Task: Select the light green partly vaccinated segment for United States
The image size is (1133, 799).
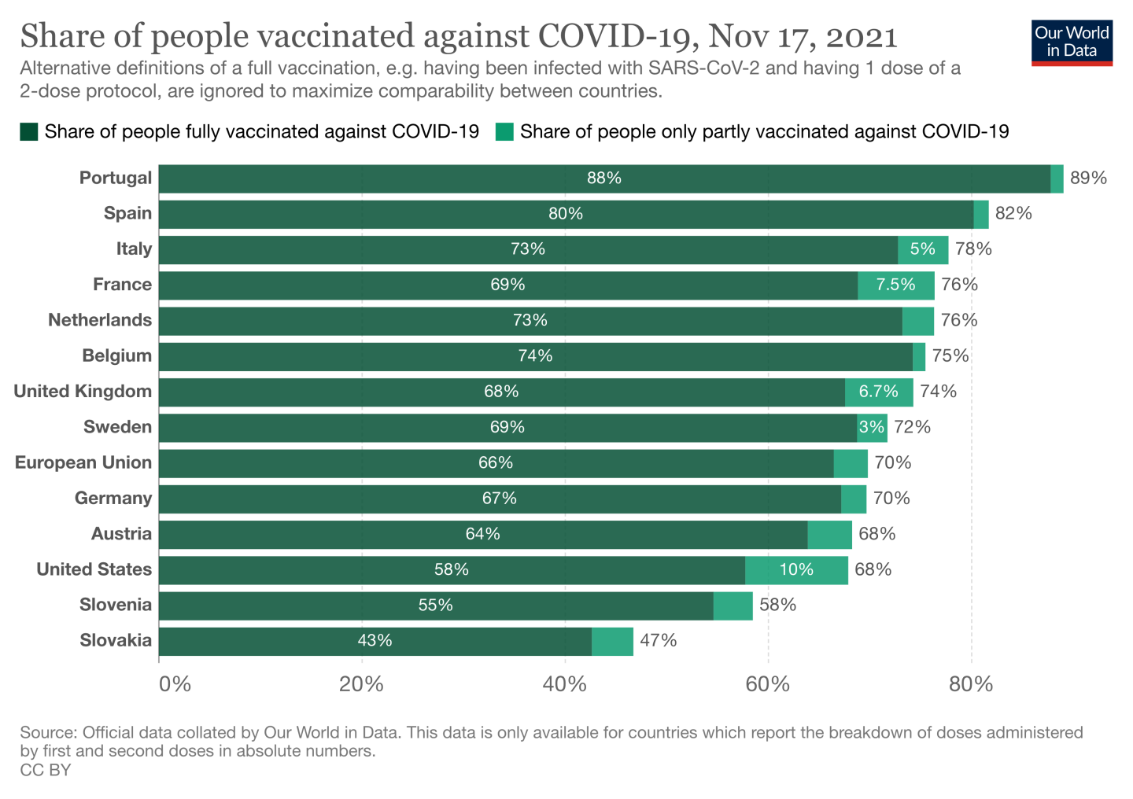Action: click(796, 570)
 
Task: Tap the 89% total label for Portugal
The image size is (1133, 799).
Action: click(1088, 178)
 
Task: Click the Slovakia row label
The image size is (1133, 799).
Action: click(116, 640)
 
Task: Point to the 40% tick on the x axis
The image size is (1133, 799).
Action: click(565, 684)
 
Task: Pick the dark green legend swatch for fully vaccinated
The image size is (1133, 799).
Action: click(29, 131)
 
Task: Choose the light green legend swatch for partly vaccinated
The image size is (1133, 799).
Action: click(504, 131)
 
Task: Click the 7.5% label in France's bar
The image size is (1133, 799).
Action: click(895, 285)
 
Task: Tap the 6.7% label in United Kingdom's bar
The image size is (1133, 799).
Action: click(878, 392)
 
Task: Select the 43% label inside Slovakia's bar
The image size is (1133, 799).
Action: click(375, 641)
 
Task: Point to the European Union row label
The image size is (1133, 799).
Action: click(83, 462)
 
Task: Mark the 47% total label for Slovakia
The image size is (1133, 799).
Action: click(658, 641)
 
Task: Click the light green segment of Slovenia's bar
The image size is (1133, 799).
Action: click(733, 606)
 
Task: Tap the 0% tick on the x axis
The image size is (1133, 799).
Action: click(175, 684)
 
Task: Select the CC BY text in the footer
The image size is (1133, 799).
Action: click(46, 770)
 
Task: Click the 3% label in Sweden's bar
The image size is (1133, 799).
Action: click(871, 427)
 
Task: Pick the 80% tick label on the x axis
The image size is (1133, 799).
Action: click(971, 684)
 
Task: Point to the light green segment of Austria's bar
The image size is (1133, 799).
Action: click(829, 535)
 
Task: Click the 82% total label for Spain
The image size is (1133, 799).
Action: click(1013, 214)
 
